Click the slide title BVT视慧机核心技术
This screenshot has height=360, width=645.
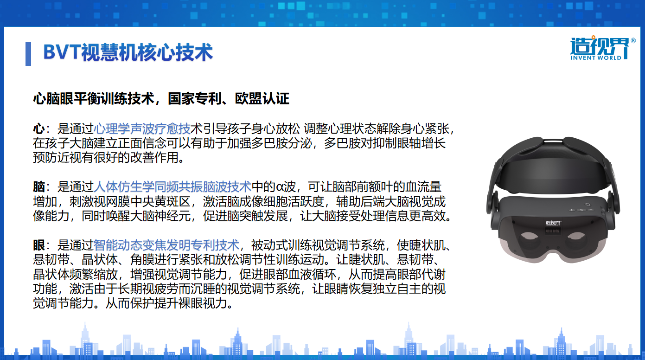(128, 52)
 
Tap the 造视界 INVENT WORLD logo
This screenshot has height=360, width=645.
(600, 49)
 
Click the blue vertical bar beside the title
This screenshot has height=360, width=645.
(28, 53)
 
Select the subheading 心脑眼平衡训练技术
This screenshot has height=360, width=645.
(93, 98)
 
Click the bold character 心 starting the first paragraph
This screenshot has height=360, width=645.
(38, 128)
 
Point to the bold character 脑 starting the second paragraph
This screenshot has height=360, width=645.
(38, 187)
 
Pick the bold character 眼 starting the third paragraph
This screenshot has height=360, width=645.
(38, 245)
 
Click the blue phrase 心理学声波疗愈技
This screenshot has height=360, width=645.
(142, 128)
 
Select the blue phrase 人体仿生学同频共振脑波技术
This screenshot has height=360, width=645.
(172, 187)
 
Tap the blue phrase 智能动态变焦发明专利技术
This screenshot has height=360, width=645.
(166, 245)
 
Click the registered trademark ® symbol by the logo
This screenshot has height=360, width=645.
(633, 41)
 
